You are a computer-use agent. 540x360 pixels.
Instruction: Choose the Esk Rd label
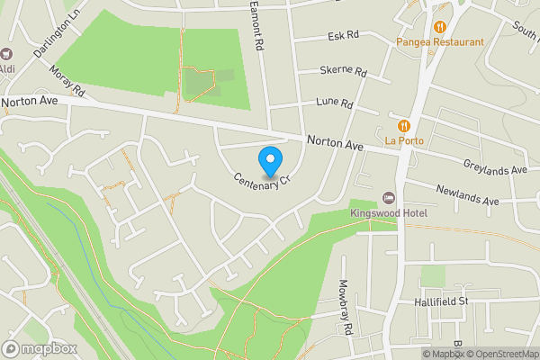click(344, 36)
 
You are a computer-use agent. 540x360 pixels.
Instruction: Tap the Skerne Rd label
click(344, 71)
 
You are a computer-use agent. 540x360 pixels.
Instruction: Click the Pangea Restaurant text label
click(440, 41)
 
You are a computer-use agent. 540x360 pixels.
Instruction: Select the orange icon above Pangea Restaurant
click(440, 26)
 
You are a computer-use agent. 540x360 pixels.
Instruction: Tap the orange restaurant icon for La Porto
click(405, 125)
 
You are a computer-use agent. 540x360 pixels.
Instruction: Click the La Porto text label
click(405, 140)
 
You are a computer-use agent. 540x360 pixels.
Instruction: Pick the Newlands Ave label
click(467, 194)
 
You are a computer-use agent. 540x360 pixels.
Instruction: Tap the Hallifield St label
click(439, 301)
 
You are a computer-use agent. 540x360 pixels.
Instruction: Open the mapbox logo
click(40, 348)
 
